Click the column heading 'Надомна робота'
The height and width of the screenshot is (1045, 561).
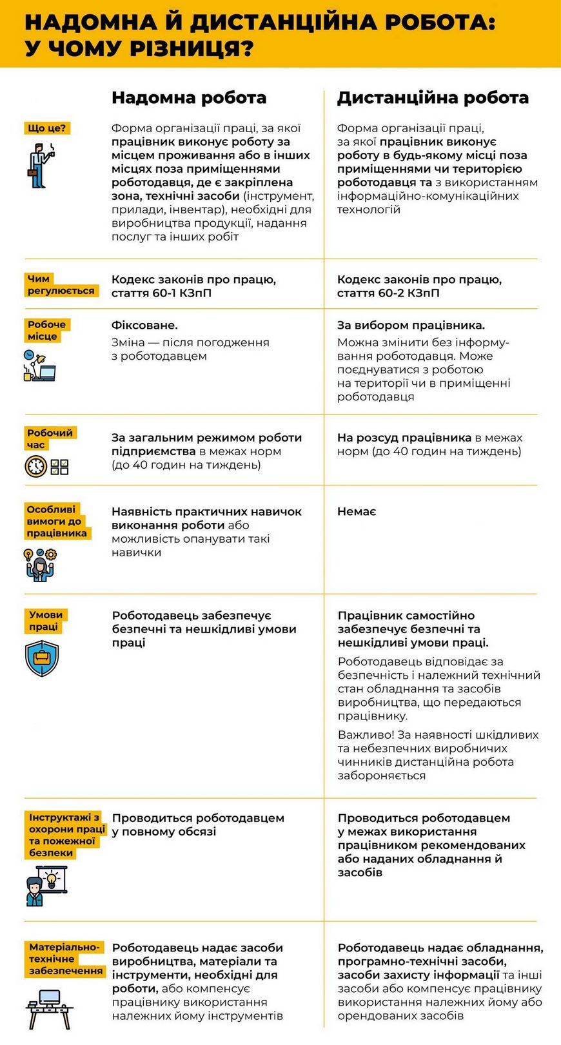click(188, 98)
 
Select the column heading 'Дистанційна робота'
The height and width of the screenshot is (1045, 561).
click(433, 98)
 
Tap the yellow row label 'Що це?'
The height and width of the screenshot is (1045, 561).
click(46, 128)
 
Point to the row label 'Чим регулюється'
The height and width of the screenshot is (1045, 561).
click(61, 285)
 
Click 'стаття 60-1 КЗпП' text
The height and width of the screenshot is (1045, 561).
click(161, 293)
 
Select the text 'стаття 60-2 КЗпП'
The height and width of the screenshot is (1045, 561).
click(388, 293)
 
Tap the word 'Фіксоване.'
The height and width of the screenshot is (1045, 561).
click(144, 326)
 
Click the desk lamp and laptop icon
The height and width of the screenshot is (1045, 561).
click(39, 366)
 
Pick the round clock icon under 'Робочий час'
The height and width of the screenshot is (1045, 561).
click(36, 466)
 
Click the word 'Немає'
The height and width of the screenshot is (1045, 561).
click(357, 512)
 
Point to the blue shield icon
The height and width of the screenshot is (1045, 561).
click(42, 658)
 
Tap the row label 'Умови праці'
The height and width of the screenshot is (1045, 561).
click(45, 621)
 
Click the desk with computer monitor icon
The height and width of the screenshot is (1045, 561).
click(49, 1010)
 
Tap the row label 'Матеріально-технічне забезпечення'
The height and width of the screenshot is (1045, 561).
click(65, 959)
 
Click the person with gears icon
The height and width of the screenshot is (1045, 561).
click(40, 565)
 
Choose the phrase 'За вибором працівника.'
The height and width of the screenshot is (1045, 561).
click(411, 326)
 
